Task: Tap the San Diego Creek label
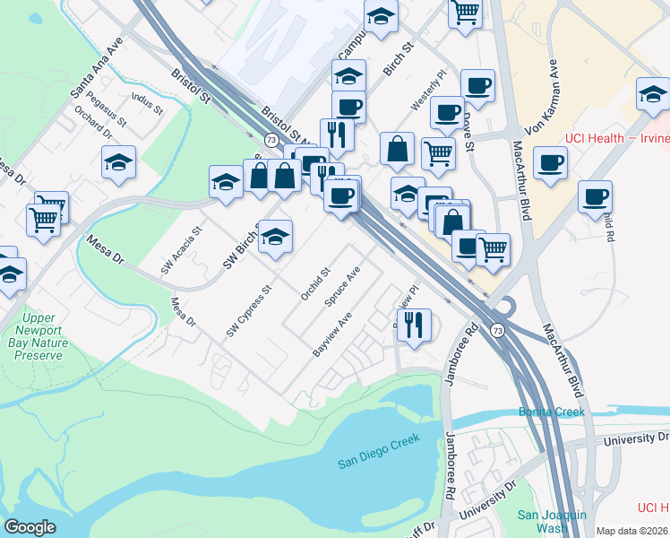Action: coord(378,464)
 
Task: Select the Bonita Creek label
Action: coord(552,412)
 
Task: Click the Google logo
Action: coord(30,527)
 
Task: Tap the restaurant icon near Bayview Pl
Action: coord(413,326)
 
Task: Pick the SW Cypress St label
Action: coord(248,312)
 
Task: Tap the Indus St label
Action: coord(146,103)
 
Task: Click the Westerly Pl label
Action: coord(427,92)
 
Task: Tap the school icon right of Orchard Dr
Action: coord(118,163)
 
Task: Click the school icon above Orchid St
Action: coord(276,238)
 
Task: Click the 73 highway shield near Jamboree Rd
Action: coord(497,331)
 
